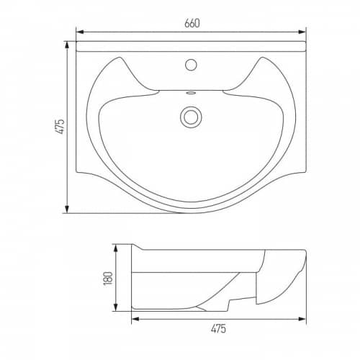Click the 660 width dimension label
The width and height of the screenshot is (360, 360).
click(x=192, y=23)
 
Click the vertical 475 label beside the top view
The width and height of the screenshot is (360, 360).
click(x=60, y=127)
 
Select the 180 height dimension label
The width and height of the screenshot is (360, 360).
click(x=108, y=279)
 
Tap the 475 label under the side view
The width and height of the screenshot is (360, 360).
click(x=218, y=328)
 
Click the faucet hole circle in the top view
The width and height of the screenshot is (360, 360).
click(x=191, y=65)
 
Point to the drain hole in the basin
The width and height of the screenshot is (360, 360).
click(x=191, y=117)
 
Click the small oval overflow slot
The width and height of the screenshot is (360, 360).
click(x=191, y=93)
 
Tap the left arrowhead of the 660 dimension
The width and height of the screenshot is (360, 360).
click(x=80, y=32)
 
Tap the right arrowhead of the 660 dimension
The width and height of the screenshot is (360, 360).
click(x=302, y=32)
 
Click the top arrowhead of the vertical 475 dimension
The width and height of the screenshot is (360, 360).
click(x=67, y=45)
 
